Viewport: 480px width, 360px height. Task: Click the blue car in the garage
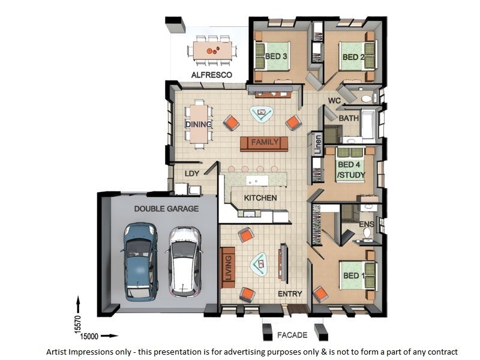coord(140,262)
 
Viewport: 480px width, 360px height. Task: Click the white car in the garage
coord(185,262)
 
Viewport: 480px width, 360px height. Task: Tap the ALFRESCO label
coord(212,75)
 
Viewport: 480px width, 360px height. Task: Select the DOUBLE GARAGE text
coord(166,209)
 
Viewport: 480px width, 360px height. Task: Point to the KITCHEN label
coord(260,198)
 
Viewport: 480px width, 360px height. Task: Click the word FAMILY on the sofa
coord(265,142)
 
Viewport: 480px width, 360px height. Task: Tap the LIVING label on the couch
coord(229,268)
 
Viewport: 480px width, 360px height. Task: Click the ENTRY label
coord(290,294)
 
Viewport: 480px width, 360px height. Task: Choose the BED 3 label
coord(276,56)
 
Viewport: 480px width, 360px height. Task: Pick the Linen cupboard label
coord(318,145)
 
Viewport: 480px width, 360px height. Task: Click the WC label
coord(334,100)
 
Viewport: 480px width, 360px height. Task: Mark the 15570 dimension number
coord(78,324)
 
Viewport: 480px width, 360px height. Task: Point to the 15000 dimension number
coord(89,337)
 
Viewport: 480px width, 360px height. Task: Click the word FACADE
coord(292,335)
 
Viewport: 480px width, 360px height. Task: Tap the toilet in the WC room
coord(367,98)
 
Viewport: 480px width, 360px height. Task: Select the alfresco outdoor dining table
coord(212,50)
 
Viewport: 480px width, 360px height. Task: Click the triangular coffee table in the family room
coord(262,114)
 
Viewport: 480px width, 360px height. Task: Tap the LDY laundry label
coord(192,173)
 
